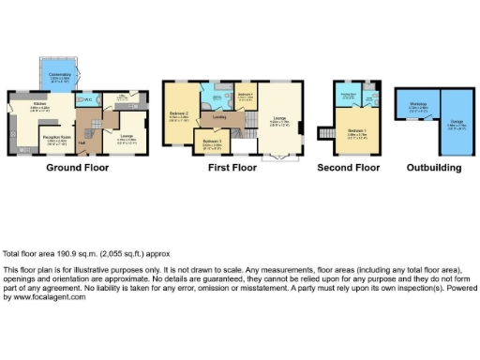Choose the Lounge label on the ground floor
click(x=123, y=138)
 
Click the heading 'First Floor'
click(x=232, y=168)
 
